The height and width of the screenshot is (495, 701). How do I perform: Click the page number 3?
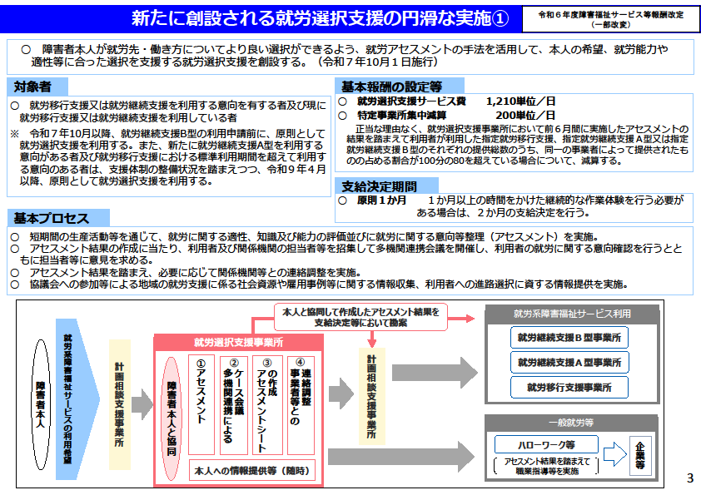[x=690, y=478]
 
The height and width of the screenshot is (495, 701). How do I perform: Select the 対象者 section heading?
[x=32, y=87]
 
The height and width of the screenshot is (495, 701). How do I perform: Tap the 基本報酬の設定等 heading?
[x=391, y=87]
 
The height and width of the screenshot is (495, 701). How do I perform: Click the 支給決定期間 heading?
[x=379, y=186]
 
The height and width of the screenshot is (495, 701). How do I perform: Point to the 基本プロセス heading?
[x=52, y=218]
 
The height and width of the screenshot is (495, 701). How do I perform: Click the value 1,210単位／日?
[x=520, y=101]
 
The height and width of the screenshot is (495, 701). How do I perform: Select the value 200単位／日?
[x=525, y=116]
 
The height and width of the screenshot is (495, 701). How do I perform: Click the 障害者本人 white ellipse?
[x=41, y=405]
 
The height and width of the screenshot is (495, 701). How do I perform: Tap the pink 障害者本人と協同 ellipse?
[x=172, y=418]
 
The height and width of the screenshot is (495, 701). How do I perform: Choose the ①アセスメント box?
[x=201, y=404]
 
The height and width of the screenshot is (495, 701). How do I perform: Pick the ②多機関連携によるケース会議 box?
[x=234, y=404]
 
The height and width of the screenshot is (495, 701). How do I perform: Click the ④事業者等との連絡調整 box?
[x=301, y=404]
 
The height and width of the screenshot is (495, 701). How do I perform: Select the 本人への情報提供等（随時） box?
[x=252, y=470]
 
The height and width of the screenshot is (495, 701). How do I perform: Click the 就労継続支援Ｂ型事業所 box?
[x=569, y=337]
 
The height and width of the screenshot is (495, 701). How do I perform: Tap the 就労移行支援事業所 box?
[x=569, y=388]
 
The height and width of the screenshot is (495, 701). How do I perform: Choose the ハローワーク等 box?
[x=546, y=444]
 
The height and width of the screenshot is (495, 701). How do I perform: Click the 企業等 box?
[x=640, y=455]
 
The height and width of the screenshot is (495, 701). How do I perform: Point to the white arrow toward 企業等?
[x=615, y=454]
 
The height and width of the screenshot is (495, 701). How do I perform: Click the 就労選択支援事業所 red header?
[x=238, y=342]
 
